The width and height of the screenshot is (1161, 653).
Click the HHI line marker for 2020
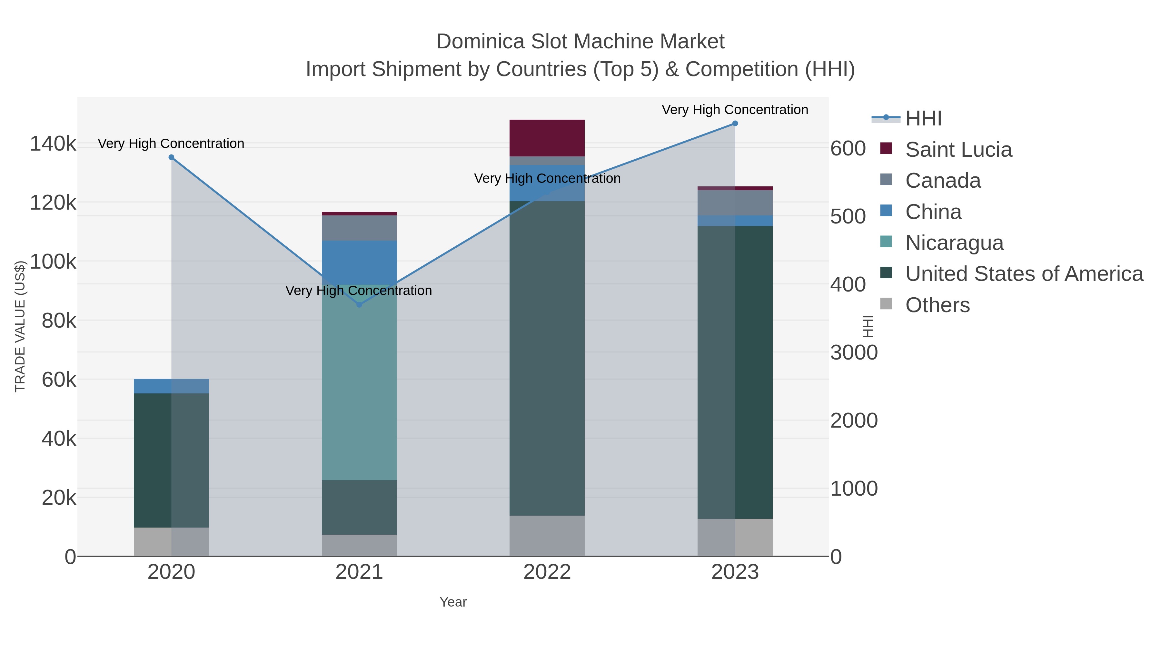pyautogui.click(x=171, y=157)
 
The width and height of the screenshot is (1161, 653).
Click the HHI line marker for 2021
pyautogui.click(x=359, y=305)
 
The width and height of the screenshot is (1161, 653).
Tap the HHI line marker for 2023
pyautogui.click(x=735, y=124)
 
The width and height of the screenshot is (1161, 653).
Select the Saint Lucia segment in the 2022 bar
pyautogui.click(x=547, y=138)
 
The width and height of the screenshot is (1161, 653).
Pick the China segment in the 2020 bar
pyautogui.click(x=171, y=386)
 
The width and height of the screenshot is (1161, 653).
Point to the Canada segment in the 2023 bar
pyautogui.click(x=735, y=203)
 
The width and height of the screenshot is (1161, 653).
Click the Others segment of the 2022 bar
pyautogui.click(x=547, y=536)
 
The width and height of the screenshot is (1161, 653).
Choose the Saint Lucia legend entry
pyautogui.click(x=958, y=150)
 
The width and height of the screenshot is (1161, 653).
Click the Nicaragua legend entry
pyautogui.click(x=954, y=243)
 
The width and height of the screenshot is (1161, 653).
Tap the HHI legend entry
pyautogui.click(x=923, y=119)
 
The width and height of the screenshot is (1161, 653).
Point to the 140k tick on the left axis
pyautogui.click(x=53, y=144)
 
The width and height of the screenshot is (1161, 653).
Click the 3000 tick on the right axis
pyautogui.click(x=854, y=352)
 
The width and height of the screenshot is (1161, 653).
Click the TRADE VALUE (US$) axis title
pyautogui.click(x=20, y=326)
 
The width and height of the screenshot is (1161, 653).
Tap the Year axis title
pyautogui.click(x=453, y=602)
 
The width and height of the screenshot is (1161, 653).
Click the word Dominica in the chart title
pyautogui.click(x=481, y=42)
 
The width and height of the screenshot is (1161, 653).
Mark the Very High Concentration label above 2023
pyautogui.click(x=735, y=110)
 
